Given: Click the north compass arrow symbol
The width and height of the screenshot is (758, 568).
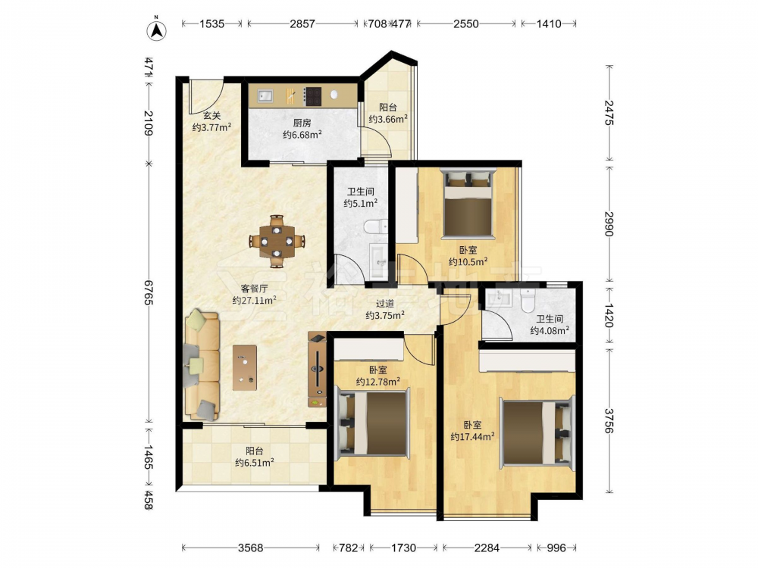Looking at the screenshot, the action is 157,30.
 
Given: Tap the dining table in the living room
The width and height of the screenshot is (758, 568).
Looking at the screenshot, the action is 277,241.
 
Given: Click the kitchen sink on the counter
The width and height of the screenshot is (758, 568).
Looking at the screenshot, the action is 265,95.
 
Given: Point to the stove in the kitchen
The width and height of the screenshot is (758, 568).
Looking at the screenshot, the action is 312,95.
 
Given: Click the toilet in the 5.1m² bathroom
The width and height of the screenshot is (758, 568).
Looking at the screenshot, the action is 376,226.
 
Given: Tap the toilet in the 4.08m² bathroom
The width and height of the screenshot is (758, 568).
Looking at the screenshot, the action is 528,300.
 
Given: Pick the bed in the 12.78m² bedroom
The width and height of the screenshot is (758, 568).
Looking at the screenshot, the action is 372,423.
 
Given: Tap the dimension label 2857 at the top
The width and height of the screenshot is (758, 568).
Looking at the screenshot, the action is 302,23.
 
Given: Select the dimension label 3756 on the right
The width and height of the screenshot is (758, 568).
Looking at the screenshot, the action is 609,420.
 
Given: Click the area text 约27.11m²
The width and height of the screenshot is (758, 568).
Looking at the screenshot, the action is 254,301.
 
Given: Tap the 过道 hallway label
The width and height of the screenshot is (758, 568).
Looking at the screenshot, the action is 385,304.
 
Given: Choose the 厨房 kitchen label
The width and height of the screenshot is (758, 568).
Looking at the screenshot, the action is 302,123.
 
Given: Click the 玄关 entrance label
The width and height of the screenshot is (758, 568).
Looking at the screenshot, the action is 211,115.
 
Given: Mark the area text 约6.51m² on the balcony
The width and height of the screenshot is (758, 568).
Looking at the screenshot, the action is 255,463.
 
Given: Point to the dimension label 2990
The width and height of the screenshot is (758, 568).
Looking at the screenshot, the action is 609,223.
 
